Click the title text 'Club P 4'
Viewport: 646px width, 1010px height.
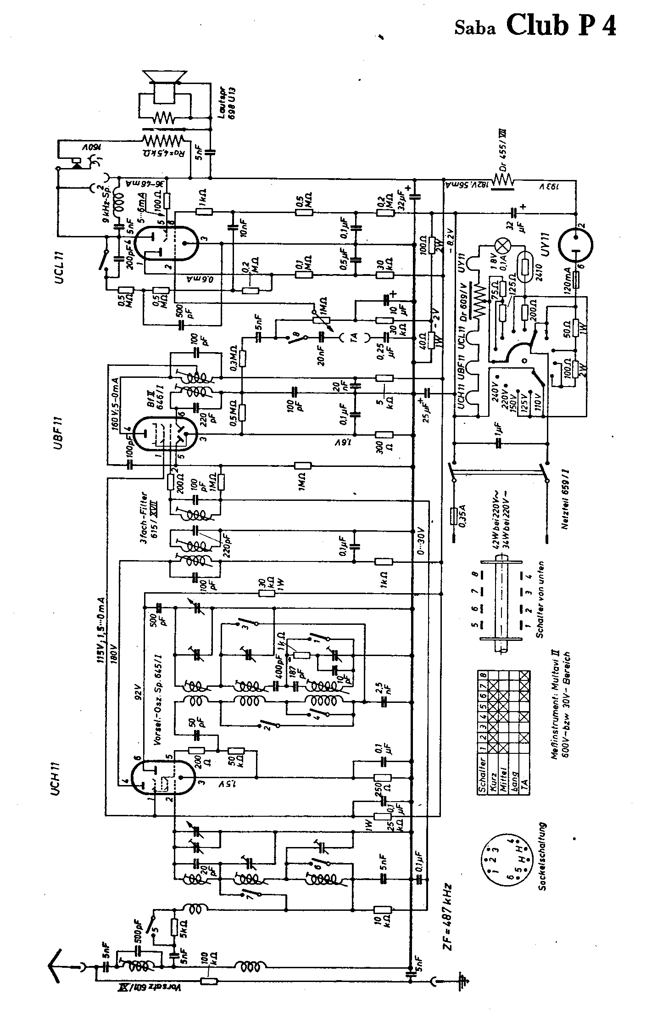pos(561,26)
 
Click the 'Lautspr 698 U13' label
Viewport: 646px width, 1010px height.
pos(228,103)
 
